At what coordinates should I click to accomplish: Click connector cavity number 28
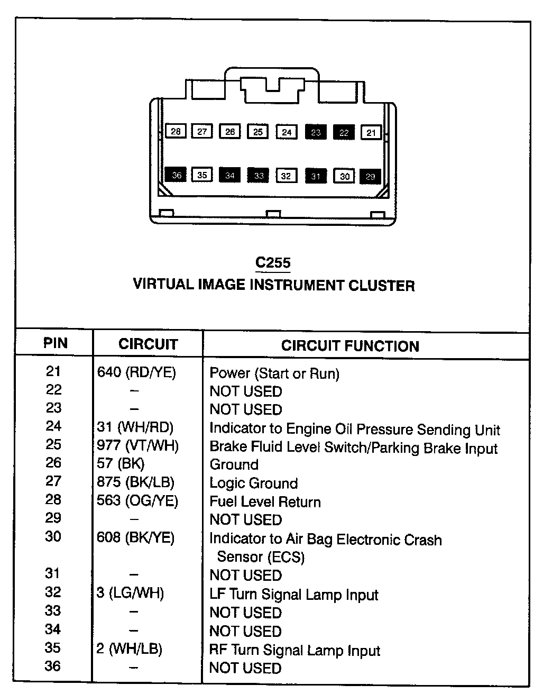coord(176,131)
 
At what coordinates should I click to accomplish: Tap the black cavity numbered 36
coord(176,175)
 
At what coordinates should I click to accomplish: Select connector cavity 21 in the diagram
coord(371,132)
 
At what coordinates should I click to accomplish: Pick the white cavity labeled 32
coord(286,176)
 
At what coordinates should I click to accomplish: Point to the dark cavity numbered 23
coord(316,132)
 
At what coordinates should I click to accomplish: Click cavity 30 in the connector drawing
coord(345,176)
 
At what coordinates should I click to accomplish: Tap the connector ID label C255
coord(273,263)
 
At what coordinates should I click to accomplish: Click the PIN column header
coord(55,343)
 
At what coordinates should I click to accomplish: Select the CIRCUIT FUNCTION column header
coord(350,346)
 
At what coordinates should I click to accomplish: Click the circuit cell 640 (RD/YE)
coord(136,373)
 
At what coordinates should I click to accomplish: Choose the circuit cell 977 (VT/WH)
coord(137,445)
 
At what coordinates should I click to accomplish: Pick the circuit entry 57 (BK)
coord(121,464)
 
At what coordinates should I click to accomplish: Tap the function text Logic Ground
coord(254,483)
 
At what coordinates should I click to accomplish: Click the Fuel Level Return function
coord(265,501)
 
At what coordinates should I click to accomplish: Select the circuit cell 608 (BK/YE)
coord(135,538)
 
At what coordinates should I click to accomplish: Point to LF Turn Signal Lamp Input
coord(294,595)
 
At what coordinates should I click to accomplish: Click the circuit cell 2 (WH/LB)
coord(130,649)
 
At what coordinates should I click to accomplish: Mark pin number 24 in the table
coord(53,426)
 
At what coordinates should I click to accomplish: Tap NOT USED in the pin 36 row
coord(245,668)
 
